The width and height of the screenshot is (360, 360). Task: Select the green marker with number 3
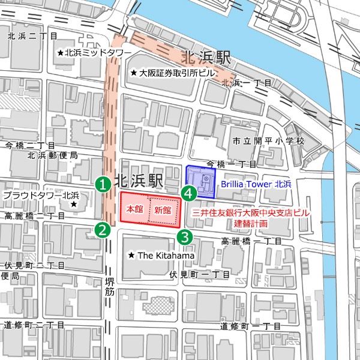pyautogui.click(x=185, y=237)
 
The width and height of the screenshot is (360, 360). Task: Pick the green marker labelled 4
pyautogui.click(x=189, y=193)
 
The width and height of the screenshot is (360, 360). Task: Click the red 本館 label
pyautogui.click(x=134, y=210)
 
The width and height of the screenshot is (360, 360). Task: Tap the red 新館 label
pyautogui.click(x=163, y=210)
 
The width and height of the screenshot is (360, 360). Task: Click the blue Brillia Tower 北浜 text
pyautogui.click(x=256, y=184)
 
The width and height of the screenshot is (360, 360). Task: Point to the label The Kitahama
pyautogui.click(x=166, y=256)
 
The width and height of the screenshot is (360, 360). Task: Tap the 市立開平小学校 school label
pyautogui.click(x=268, y=142)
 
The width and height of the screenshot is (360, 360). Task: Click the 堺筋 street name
pyautogui.click(x=109, y=287)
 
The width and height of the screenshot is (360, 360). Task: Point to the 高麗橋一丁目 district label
pyautogui.click(x=251, y=241)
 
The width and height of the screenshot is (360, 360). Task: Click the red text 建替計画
pyautogui.click(x=251, y=223)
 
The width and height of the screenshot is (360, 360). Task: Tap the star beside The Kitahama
pyautogui.click(x=131, y=256)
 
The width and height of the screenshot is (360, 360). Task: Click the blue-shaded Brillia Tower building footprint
pyautogui.click(x=200, y=182)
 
